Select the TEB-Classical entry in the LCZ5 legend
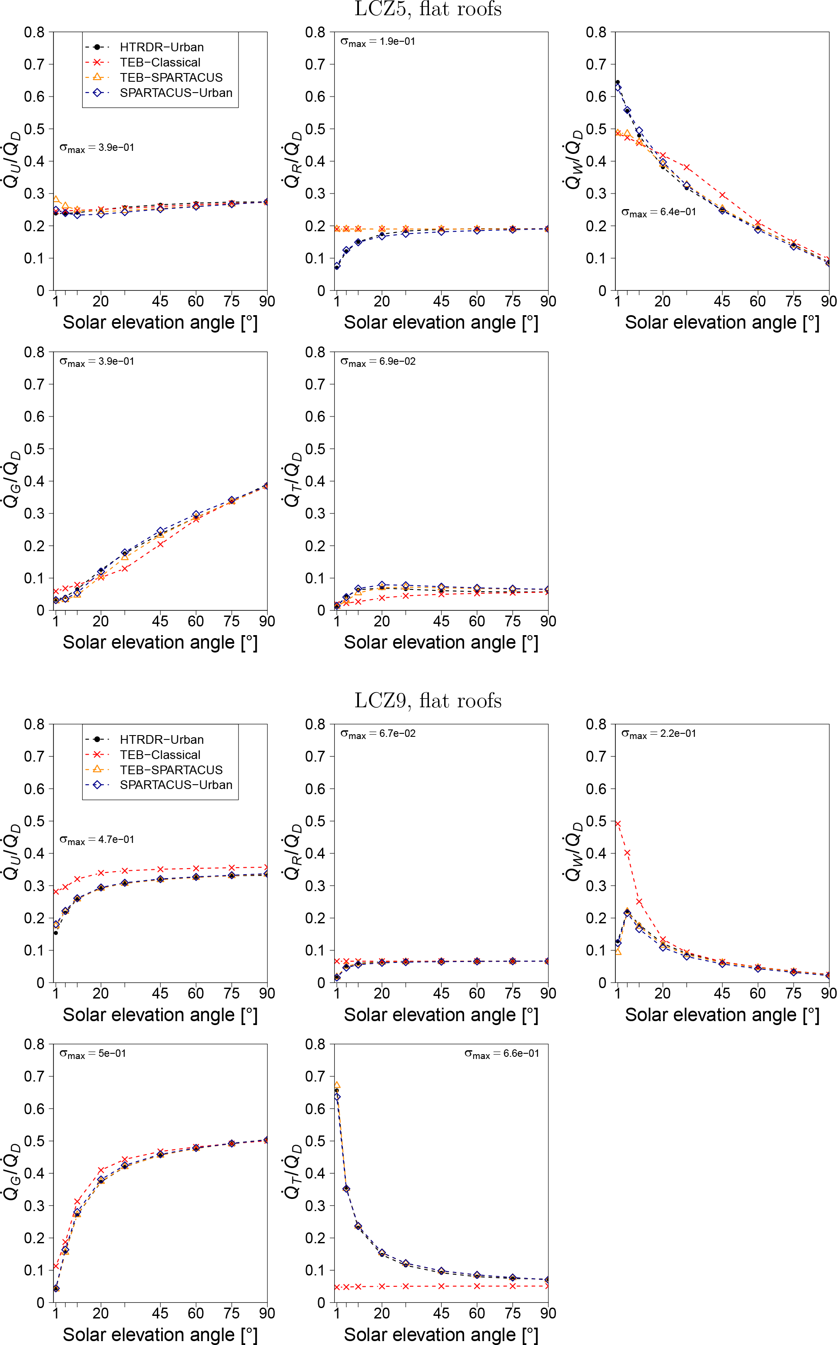159,63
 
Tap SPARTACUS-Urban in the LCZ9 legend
176,785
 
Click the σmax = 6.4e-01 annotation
658,212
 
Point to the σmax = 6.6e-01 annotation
502,1054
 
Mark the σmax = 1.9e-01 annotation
378,42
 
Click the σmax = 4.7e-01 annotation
97,840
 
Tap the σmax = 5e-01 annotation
93,1054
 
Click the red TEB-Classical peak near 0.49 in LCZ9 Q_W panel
618,824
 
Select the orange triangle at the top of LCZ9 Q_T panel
336,1086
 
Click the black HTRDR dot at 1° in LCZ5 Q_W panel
618,83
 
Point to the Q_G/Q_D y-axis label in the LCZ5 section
12,479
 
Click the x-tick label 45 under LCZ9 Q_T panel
441,1313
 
